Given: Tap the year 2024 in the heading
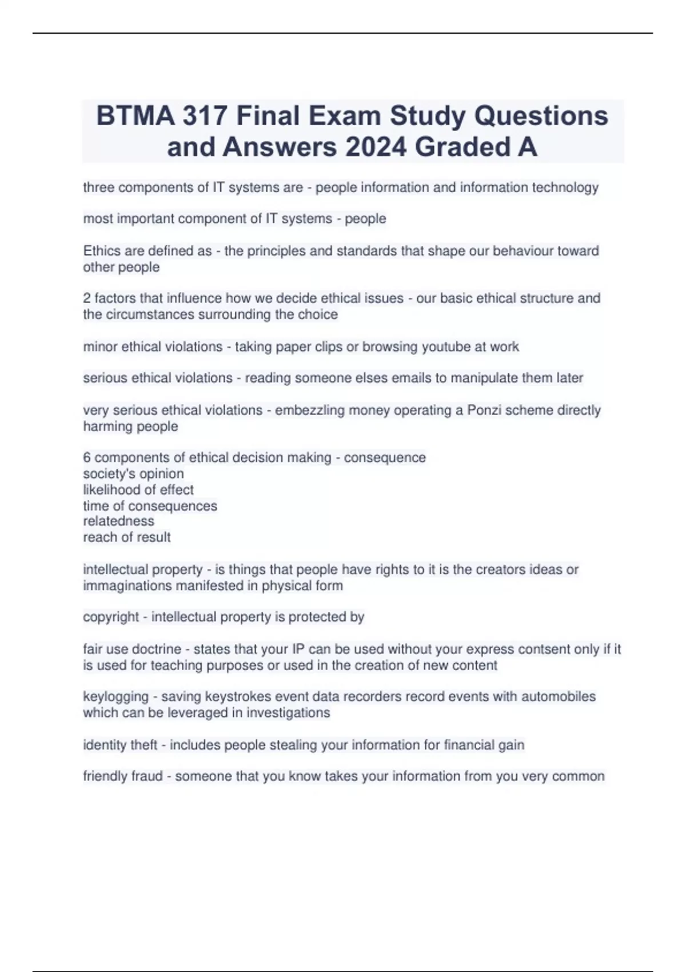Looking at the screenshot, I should pyautogui.click(x=377, y=147).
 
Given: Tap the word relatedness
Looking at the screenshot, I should pyautogui.click(x=118, y=521).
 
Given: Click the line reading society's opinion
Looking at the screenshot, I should pyautogui.click(x=133, y=473).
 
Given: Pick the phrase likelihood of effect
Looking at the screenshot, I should pyautogui.click(x=138, y=489).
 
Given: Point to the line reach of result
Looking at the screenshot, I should pyautogui.click(x=127, y=537).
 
